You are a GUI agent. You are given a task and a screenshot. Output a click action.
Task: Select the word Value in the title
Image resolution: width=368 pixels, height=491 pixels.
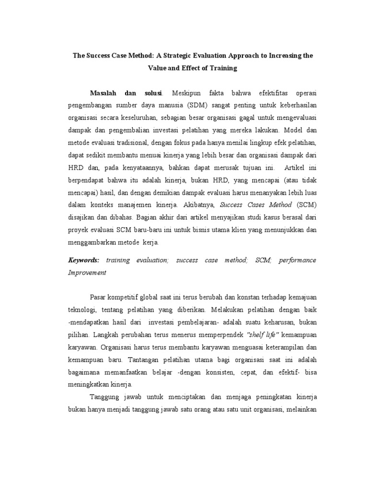point(158,68)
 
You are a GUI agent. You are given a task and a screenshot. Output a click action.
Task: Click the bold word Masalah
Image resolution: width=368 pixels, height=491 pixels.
point(105,92)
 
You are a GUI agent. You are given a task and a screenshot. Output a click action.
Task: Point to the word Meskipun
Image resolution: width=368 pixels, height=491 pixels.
point(186,92)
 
